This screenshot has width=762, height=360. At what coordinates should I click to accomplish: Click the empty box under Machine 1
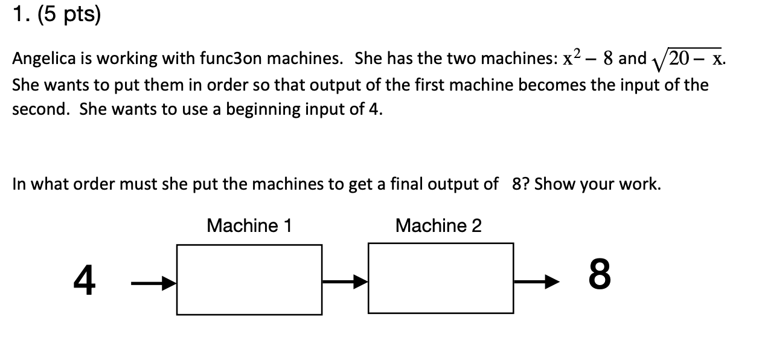(249, 279)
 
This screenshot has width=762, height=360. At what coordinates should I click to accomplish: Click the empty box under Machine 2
(441, 278)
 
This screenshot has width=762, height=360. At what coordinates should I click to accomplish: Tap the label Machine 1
(249, 226)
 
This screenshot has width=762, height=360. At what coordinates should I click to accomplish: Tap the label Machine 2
(438, 226)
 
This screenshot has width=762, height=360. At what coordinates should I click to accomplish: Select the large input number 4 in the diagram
(85, 281)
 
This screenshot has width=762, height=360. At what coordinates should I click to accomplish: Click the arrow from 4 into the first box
(153, 282)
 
